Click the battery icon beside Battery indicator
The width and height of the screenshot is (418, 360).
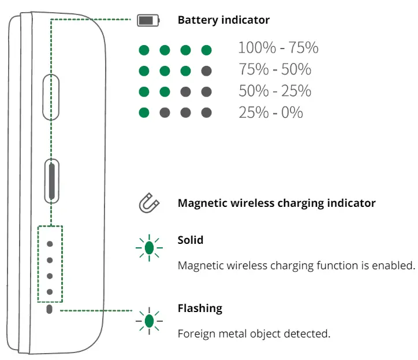coord(147,21)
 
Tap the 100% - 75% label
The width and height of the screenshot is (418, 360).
coord(278,48)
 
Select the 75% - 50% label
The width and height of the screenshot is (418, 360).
coord(275,69)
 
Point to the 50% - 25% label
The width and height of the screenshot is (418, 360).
coord(275,91)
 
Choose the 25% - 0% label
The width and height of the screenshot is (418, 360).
coord(271,112)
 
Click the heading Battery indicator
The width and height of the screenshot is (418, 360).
coord(223,20)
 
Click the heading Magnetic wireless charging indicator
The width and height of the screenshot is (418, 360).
coord(277,203)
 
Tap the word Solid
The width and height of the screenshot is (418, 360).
coord(191,240)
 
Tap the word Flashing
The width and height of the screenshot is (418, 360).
coord(200,308)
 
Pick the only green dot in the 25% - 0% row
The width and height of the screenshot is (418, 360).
coord(144,112)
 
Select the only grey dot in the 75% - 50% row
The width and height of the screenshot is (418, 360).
coord(206,71)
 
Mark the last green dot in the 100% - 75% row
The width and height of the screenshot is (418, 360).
coord(206,50)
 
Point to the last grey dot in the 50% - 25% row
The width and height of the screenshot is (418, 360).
coord(206,92)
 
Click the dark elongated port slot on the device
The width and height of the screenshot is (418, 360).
coord(52,180)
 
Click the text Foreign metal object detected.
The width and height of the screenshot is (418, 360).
coord(254,333)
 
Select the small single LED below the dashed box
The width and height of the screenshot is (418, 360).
coord(50,310)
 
